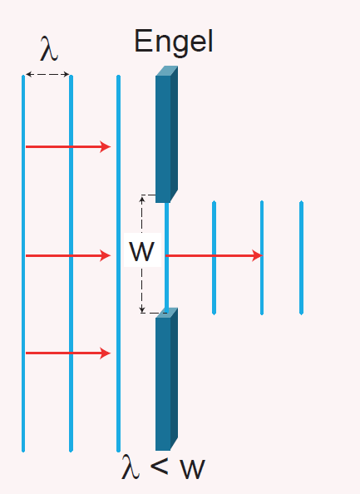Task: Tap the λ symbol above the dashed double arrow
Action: (49, 48)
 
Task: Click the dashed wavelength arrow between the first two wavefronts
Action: (47, 74)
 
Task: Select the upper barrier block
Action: (166, 134)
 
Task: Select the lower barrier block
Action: (166, 379)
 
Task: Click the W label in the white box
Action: (142, 251)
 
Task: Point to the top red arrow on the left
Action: (68, 146)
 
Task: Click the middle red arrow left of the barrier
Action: (68, 255)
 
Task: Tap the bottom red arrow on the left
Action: (68, 353)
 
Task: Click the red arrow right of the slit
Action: (215, 255)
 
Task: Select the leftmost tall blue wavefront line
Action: (23, 264)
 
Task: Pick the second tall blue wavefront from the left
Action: (71, 264)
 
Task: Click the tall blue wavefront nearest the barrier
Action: (118, 264)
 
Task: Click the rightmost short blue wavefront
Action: (302, 258)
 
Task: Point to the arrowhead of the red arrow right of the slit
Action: (258, 255)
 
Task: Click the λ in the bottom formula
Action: (131, 467)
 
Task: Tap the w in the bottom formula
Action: (192, 469)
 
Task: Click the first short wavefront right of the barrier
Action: (215, 258)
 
